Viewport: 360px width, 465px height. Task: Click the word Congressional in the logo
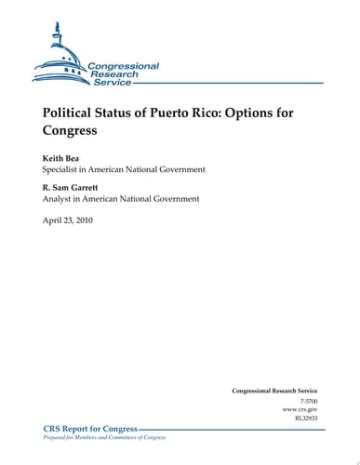click(124, 66)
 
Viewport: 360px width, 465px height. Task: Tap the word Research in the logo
click(113, 74)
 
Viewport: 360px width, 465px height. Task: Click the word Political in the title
click(71, 113)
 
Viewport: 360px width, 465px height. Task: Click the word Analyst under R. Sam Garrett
click(60, 198)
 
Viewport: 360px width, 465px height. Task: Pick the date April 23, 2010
click(68, 220)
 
